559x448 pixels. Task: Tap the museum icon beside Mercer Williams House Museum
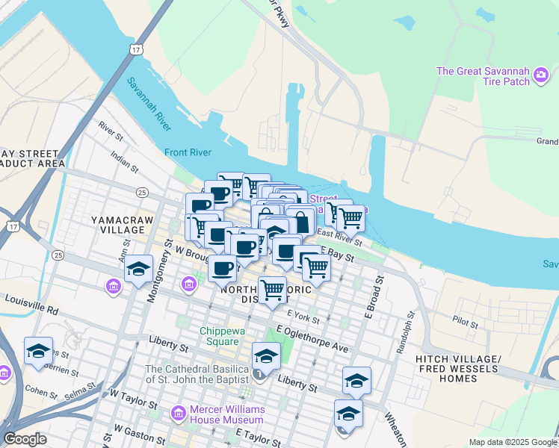[179, 413]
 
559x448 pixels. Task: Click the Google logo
[25, 438]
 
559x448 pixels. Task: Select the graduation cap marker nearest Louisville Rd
[138, 270]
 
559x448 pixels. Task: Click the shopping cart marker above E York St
[273, 289]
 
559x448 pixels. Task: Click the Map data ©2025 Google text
[512, 442]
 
